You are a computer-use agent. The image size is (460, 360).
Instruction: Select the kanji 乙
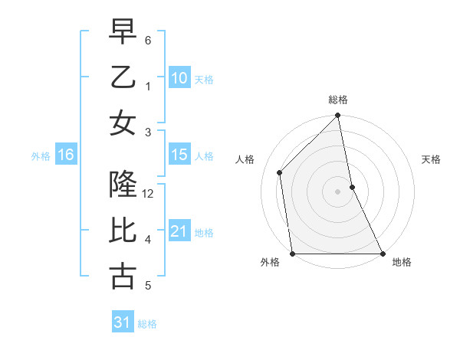123,79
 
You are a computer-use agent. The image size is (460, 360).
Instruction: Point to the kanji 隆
123,186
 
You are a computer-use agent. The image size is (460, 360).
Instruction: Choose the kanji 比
123,231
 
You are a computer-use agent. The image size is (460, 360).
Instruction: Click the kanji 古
123,276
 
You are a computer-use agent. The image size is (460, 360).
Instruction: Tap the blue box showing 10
179,78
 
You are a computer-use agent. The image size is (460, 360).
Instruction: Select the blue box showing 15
179,155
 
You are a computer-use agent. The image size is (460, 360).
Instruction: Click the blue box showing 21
179,231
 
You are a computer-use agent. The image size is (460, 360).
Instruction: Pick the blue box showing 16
66,155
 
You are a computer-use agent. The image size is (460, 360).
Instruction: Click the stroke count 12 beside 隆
149,194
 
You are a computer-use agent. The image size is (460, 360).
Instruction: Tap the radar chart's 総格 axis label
338,100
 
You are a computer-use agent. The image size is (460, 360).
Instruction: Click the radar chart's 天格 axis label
432,159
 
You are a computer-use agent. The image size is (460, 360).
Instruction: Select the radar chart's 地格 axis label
402,263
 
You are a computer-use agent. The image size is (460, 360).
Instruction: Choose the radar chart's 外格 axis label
270,263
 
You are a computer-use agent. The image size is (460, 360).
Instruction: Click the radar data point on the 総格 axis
338,116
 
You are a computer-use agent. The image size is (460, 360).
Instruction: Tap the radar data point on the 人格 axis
280,172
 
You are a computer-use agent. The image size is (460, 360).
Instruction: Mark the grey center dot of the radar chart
338,191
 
